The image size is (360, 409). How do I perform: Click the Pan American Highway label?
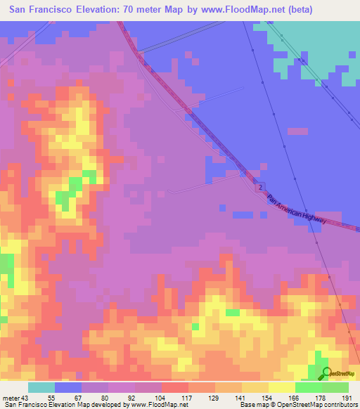(297, 209)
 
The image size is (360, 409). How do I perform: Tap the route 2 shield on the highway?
(259, 188)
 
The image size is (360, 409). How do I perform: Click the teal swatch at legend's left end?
(41, 387)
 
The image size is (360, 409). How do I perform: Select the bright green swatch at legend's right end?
(335, 387)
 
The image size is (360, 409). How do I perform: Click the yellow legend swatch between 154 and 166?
(282, 387)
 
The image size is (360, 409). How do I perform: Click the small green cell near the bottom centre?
(232, 312)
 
